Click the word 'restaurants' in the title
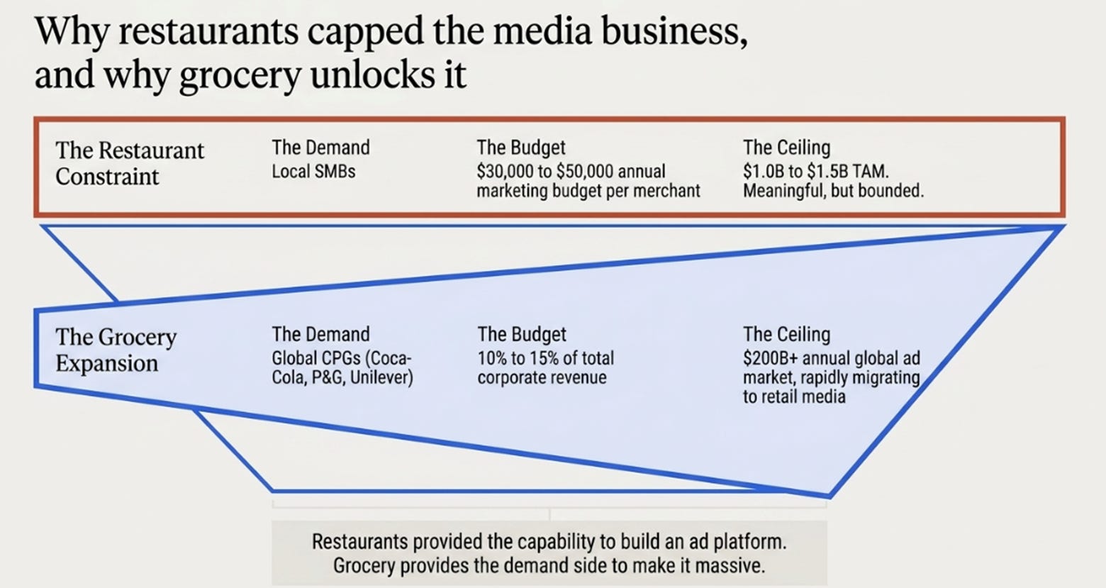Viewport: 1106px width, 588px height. coord(208,30)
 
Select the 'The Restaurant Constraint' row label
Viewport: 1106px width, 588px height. coord(129,163)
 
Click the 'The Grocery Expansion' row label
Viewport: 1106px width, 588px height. coord(116,350)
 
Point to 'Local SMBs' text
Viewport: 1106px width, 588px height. coord(313,172)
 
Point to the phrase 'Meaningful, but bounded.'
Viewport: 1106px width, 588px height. coord(834,191)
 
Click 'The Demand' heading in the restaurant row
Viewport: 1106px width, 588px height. coord(320,148)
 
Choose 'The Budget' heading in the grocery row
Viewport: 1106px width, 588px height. coord(522,335)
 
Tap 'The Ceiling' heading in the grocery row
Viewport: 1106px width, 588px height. coord(786,335)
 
